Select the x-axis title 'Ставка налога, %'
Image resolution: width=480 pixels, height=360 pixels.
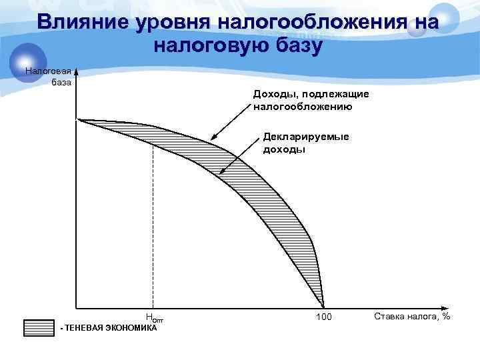click(x=412, y=315)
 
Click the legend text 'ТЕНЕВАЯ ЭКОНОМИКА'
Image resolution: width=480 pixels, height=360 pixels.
click(x=110, y=328)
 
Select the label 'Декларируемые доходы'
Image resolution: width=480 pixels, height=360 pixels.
click(x=305, y=143)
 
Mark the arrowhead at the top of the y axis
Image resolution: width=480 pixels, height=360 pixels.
click(x=77, y=70)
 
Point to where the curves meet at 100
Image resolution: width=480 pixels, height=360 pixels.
click(x=323, y=305)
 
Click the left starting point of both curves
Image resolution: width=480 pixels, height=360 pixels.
click(x=80, y=120)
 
